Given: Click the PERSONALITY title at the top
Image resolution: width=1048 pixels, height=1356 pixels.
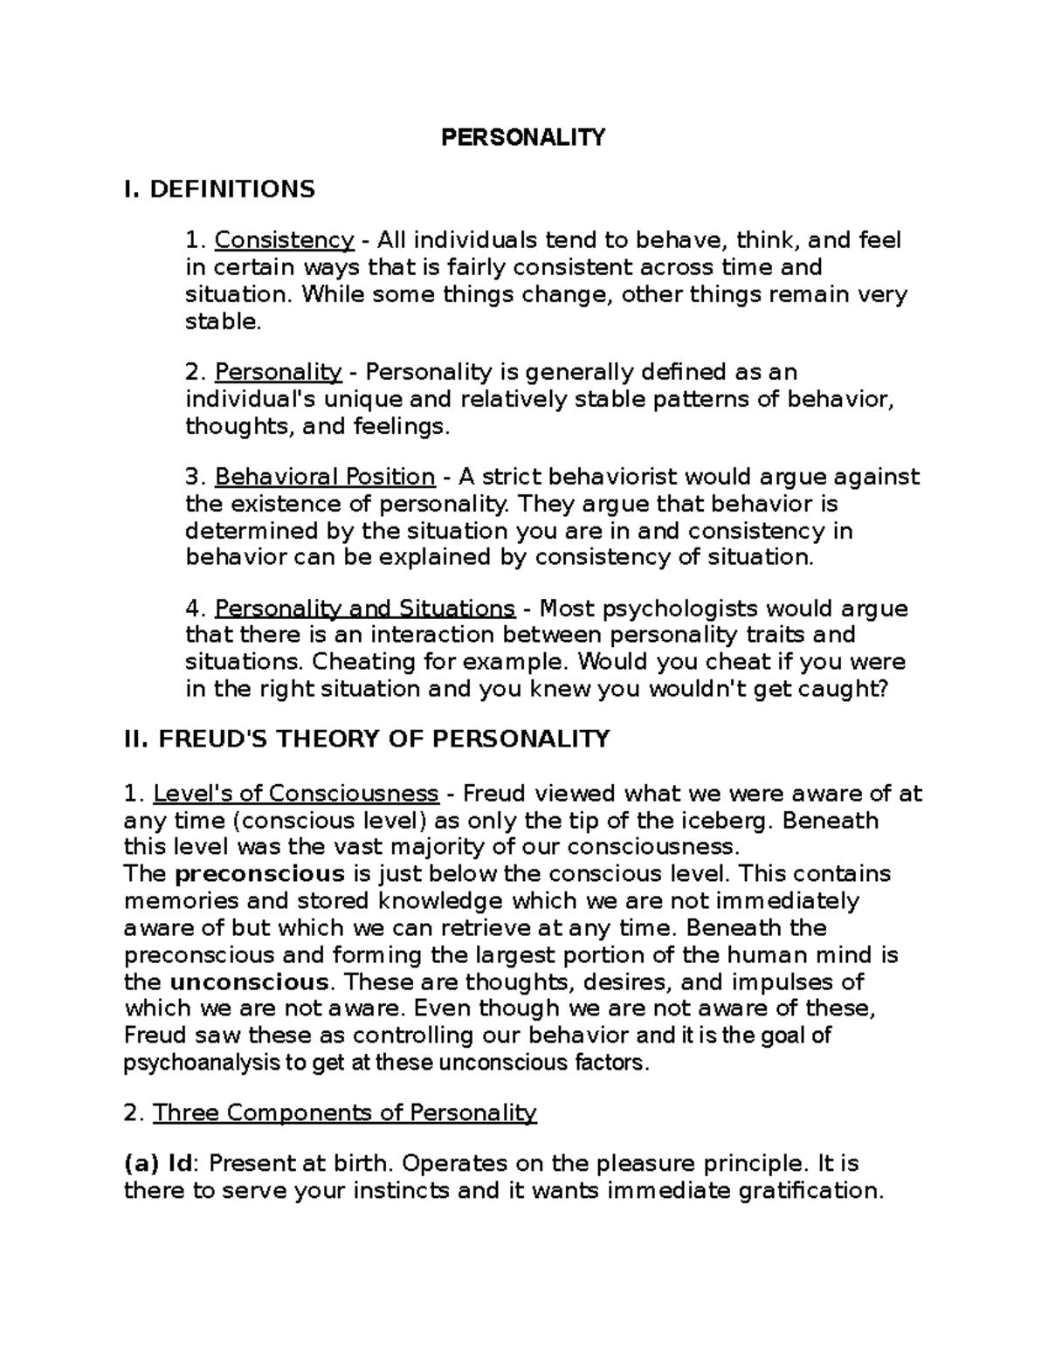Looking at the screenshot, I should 522,137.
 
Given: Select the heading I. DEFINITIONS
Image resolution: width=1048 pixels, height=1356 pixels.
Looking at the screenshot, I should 220,189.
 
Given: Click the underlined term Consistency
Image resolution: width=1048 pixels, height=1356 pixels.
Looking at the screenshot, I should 284,240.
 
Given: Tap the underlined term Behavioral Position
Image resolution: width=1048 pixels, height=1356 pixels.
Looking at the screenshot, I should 324,477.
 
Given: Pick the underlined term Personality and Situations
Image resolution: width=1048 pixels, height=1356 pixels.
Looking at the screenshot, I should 364,609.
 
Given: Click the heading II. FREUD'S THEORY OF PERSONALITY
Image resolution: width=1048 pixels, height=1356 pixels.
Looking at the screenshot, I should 367,739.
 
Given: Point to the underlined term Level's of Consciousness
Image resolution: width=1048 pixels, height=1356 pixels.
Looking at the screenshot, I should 295,794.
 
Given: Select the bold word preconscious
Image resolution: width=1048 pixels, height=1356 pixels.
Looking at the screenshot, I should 259,874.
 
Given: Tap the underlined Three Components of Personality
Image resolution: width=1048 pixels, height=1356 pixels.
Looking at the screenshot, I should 344,1112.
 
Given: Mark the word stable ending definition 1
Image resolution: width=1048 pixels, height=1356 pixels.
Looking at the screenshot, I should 222,321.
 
